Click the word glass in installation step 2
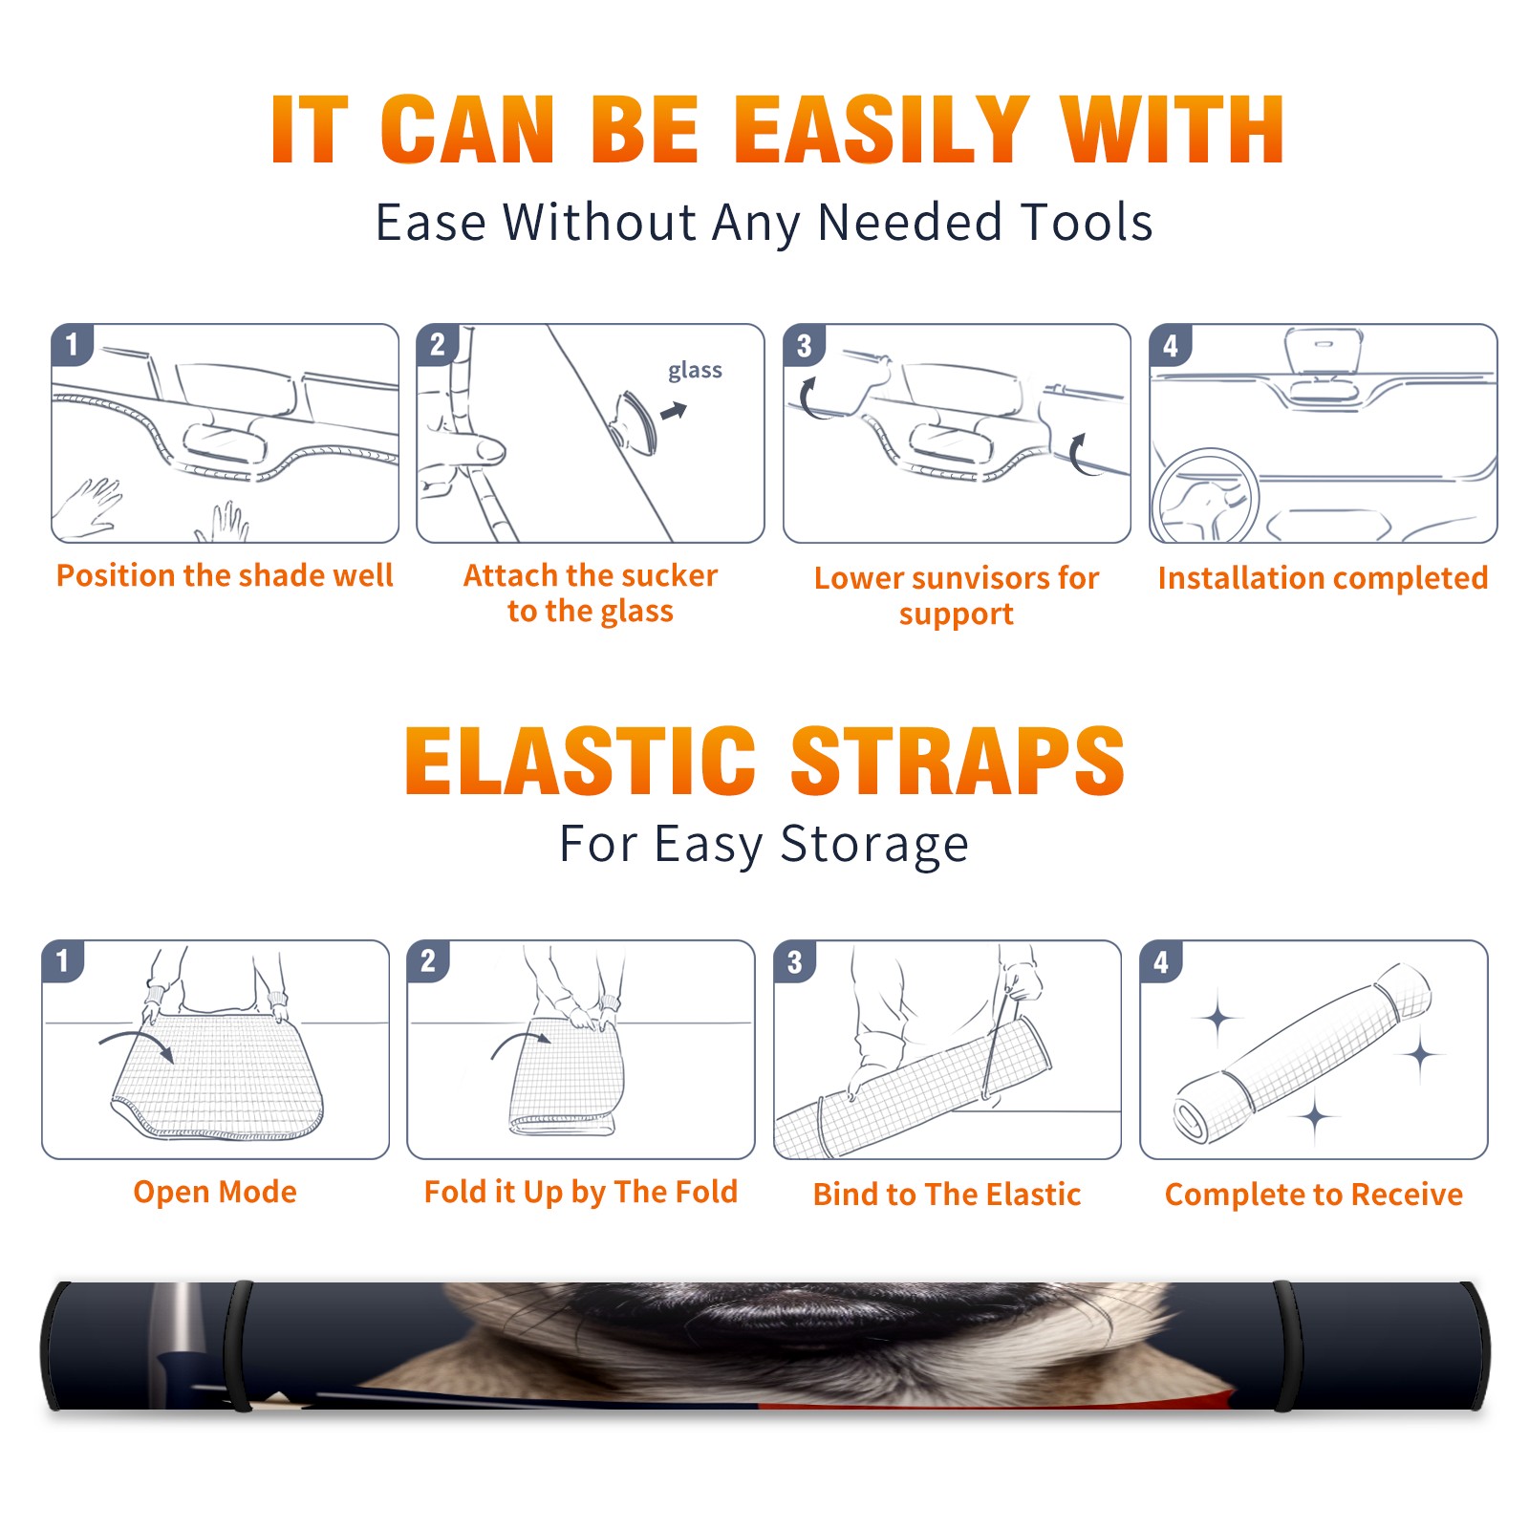click(695, 371)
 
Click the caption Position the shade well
click(225, 575)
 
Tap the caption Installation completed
click(1323, 578)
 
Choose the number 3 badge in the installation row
click(804, 345)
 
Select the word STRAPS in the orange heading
click(958, 761)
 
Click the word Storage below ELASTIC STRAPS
click(874, 845)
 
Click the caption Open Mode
click(215, 1192)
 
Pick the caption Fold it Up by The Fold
click(581, 1192)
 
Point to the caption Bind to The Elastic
click(947, 1195)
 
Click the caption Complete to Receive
click(1314, 1195)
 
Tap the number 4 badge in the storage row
click(1161, 961)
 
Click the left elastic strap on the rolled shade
click(239, 1346)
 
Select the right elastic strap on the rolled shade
click(1287, 1346)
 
